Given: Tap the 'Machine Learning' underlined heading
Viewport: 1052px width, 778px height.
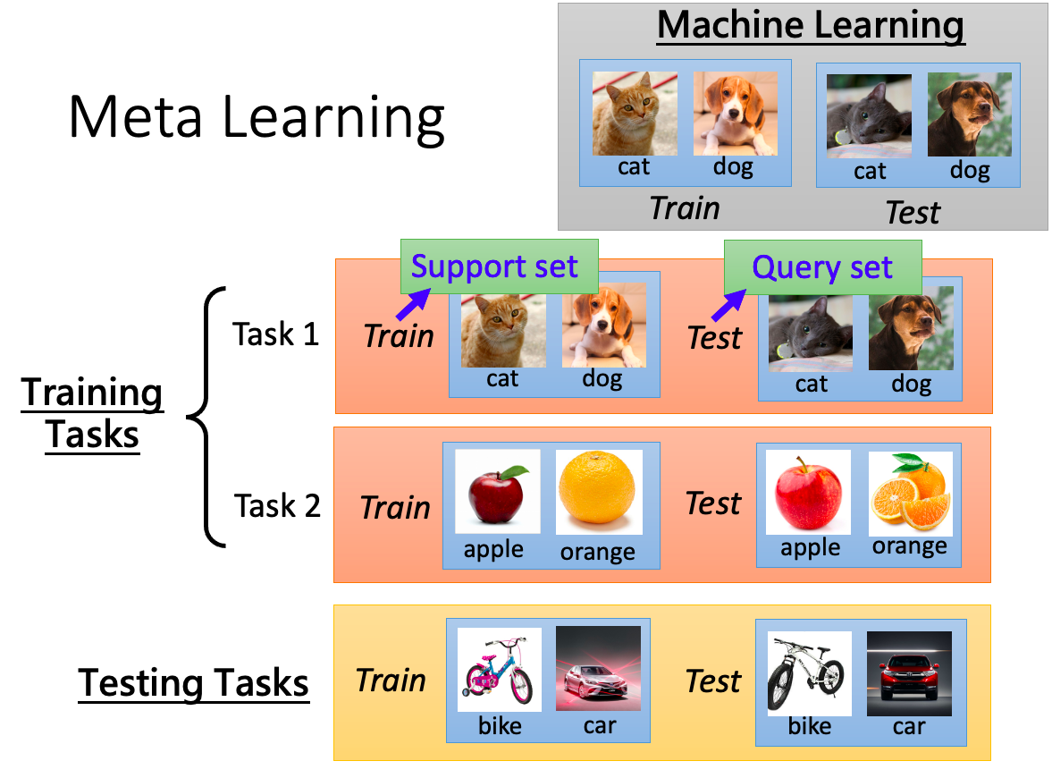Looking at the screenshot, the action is point(811,27).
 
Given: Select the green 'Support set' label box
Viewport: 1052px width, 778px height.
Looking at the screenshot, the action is point(499,266).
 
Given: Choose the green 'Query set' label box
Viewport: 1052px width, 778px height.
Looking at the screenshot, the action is point(822,267).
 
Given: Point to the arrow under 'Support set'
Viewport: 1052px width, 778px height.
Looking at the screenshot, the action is point(413,304).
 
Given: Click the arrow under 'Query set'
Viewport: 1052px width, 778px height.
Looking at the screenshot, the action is point(728,306).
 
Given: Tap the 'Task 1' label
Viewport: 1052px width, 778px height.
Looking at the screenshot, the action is point(275,334).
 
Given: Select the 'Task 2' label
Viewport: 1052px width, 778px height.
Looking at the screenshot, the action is point(277,506).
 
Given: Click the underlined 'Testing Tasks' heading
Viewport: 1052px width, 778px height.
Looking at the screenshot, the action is point(194,684).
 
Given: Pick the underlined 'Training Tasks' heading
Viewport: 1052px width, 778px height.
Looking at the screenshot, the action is point(92,413).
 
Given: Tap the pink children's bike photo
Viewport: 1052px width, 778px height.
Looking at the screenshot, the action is point(499,669).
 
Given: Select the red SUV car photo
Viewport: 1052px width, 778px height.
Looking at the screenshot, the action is point(909,673).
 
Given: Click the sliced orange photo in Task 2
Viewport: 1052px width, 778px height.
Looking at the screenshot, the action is point(911,491).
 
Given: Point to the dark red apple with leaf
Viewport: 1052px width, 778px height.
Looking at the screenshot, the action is point(498,492).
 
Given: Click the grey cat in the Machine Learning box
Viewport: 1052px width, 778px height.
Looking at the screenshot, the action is point(869,116).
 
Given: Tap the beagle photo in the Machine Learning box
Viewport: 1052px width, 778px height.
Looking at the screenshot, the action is point(736,114).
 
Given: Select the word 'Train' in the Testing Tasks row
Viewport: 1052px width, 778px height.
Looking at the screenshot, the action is point(391,681).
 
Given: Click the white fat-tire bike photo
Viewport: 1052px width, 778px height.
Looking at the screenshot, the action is point(809,673).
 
